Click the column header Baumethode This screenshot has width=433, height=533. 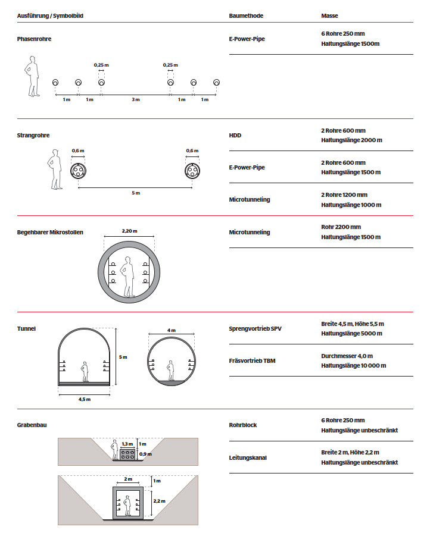point(246,15)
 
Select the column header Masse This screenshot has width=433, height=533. point(329,15)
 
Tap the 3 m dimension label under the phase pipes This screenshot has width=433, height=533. point(136,99)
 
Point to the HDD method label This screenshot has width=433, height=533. point(235,136)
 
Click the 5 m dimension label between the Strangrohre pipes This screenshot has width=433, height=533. point(135,193)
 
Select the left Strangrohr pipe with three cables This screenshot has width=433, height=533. point(79,171)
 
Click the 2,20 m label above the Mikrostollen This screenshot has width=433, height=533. point(129,231)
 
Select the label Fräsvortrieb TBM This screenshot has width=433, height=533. point(252,360)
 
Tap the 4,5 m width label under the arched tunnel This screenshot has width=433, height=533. point(84,399)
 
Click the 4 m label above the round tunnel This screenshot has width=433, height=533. point(172,330)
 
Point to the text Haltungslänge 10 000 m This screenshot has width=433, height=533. point(353,366)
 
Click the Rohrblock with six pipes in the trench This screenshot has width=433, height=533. point(127,455)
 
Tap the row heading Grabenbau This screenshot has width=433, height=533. point(32,425)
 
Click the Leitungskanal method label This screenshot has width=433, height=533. point(248,457)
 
